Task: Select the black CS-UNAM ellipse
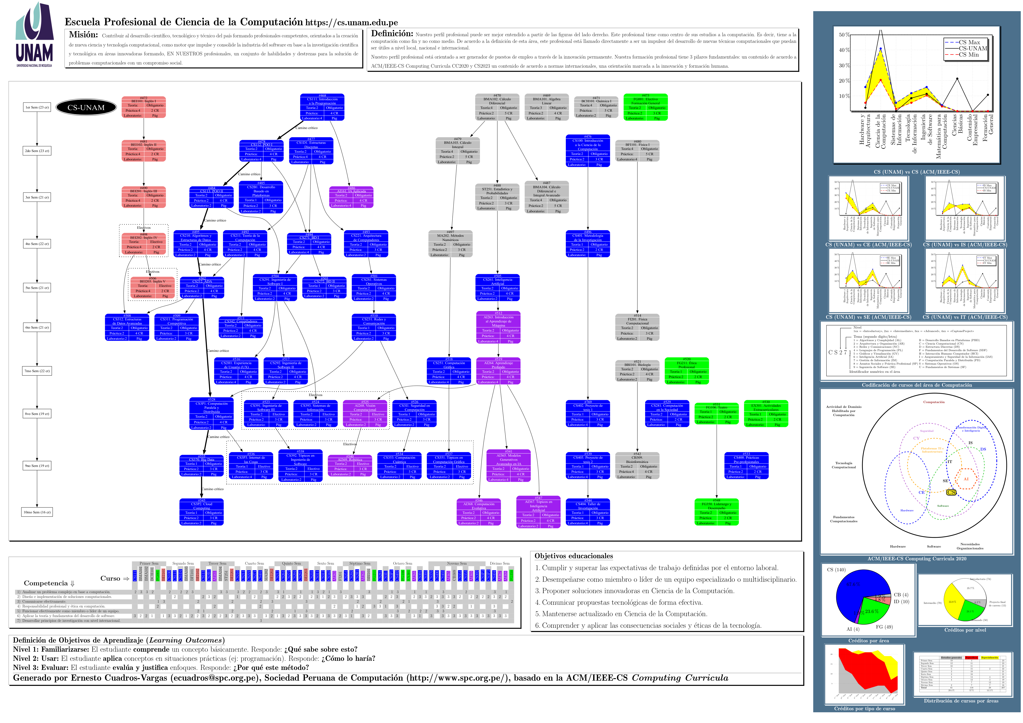86,107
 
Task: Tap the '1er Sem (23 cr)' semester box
37,107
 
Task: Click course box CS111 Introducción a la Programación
322,107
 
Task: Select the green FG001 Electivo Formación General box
645,107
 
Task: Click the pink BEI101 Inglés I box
144,107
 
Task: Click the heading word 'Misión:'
83,35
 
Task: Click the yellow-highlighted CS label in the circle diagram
951,492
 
